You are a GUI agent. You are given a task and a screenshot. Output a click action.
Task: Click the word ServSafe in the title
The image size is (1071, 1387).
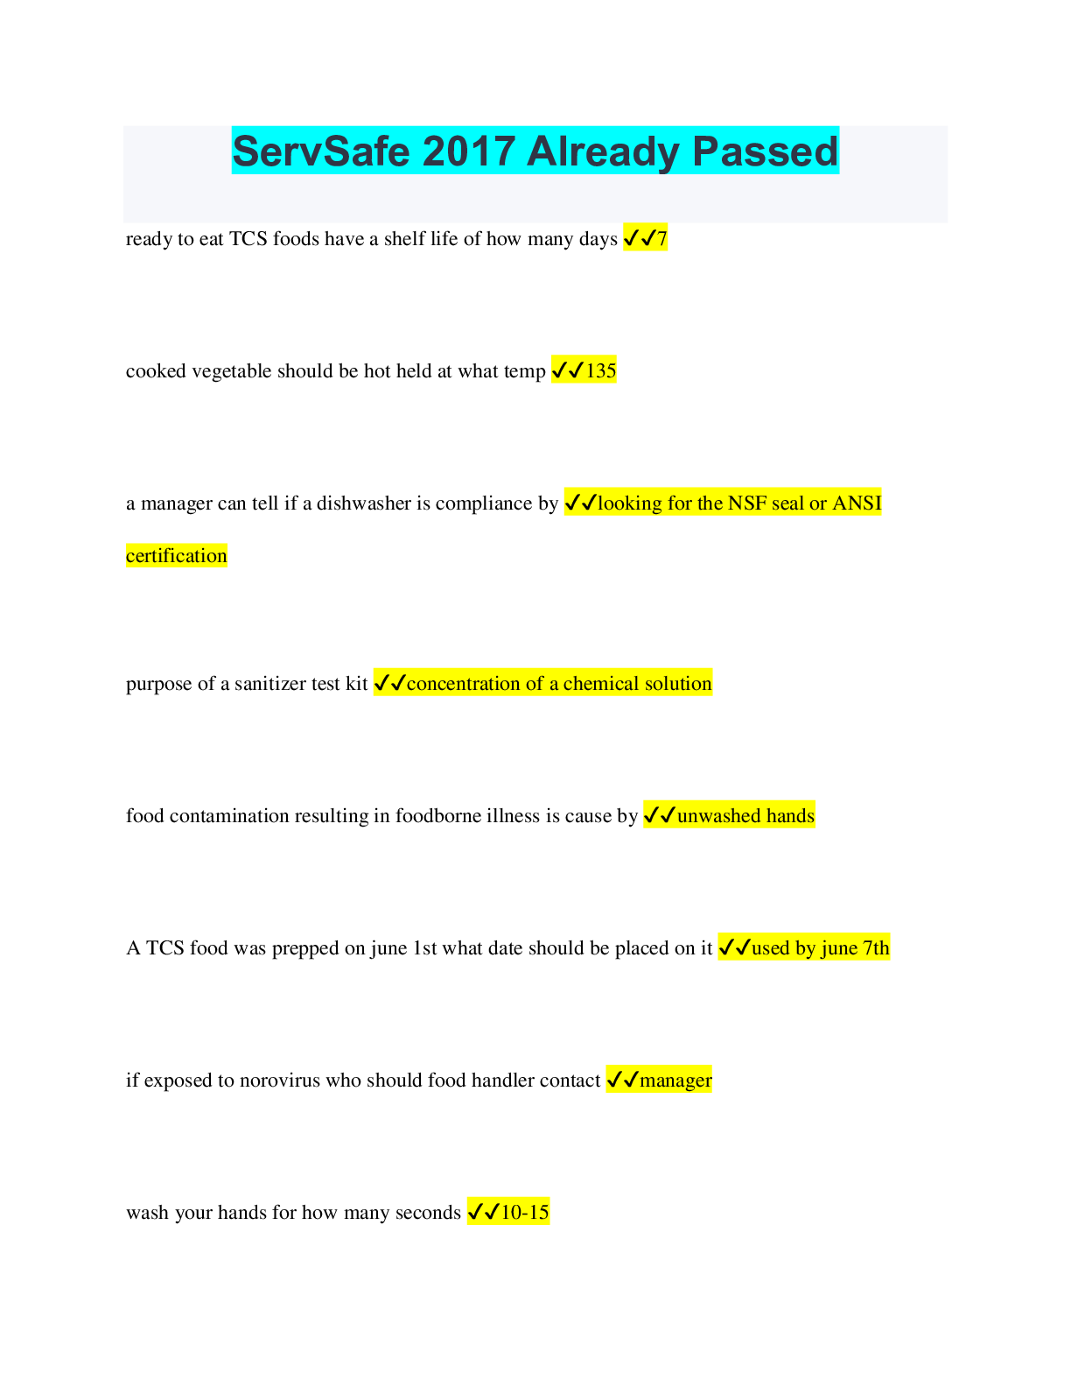pyautogui.click(x=322, y=151)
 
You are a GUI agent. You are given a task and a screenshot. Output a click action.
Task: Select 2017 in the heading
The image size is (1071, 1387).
pyautogui.click(x=468, y=151)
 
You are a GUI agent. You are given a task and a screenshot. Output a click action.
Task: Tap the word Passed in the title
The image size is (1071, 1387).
pyautogui.click(x=766, y=151)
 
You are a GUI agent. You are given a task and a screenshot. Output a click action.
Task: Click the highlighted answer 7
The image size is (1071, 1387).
pyautogui.click(x=662, y=239)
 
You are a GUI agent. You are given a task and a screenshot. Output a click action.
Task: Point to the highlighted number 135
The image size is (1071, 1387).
pyautogui.click(x=601, y=371)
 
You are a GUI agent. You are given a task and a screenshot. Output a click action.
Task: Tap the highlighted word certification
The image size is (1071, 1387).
pyautogui.click(x=176, y=556)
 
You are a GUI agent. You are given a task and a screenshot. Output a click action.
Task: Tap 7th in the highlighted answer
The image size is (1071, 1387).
pyautogui.click(x=876, y=948)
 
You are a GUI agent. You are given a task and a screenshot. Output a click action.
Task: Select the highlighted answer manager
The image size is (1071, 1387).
pyautogui.click(x=675, y=1081)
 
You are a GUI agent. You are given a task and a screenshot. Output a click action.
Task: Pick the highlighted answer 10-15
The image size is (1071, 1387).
pyautogui.click(x=525, y=1213)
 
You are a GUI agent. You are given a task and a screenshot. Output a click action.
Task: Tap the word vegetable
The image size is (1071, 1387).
pyautogui.click(x=229, y=371)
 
